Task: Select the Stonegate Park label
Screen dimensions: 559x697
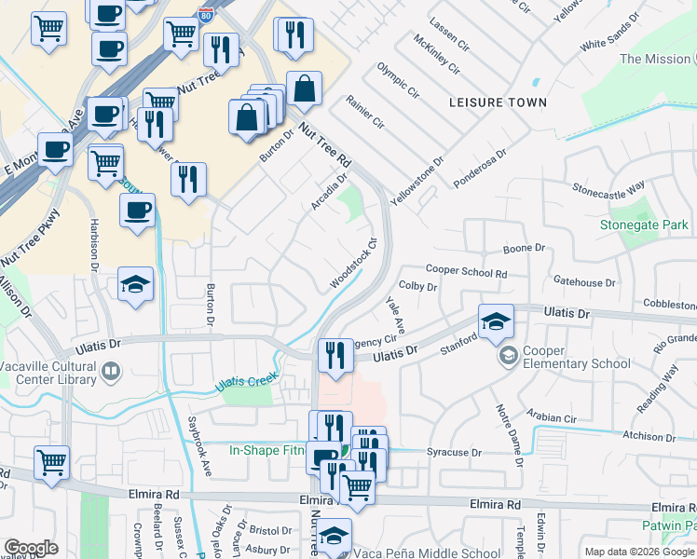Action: coord(644,225)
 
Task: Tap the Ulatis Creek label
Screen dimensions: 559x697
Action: coord(247,381)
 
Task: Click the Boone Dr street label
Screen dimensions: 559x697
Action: coord(524,249)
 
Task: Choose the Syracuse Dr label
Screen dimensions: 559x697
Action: coord(453,453)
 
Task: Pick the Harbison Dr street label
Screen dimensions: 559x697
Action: coord(94,245)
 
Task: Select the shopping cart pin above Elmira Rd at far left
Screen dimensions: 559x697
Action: coord(51,462)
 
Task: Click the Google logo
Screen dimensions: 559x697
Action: coord(32,548)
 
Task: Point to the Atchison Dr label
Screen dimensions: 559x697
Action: coord(649,436)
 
